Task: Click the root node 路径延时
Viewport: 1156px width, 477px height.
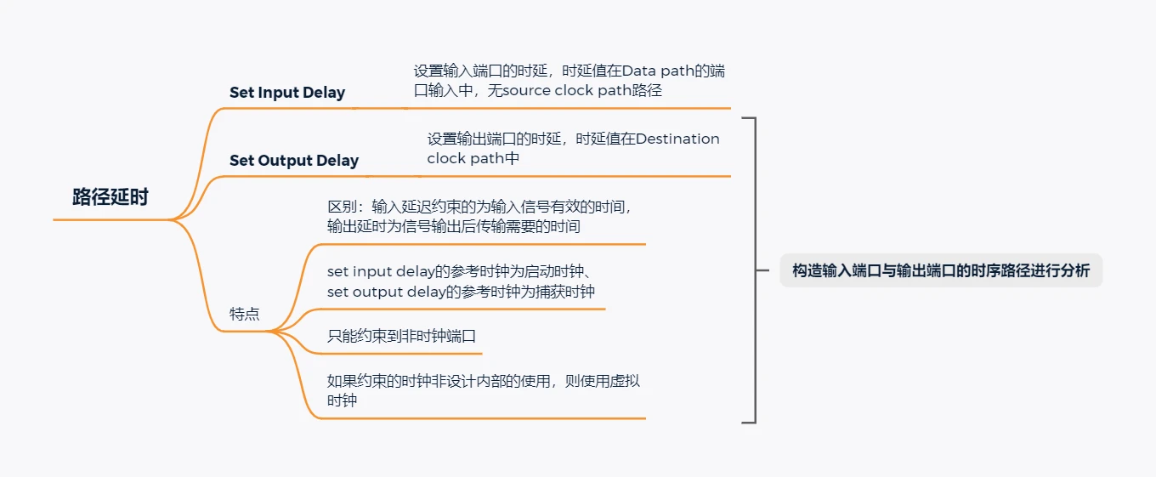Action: coord(110,197)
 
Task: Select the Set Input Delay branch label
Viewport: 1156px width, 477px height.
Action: coord(287,93)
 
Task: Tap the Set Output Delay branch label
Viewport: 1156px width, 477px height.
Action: coord(294,161)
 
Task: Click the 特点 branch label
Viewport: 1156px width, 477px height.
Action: coord(245,314)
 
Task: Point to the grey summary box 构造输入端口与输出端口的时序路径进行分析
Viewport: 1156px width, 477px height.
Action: coord(941,271)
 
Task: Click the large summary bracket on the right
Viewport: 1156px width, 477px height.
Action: coord(753,270)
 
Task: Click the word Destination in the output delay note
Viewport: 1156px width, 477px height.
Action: coord(677,139)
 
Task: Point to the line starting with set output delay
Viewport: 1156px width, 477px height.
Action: coord(461,292)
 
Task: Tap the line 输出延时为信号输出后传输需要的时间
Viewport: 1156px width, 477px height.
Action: coord(454,227)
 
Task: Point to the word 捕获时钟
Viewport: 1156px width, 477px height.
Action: coord(566,292)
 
